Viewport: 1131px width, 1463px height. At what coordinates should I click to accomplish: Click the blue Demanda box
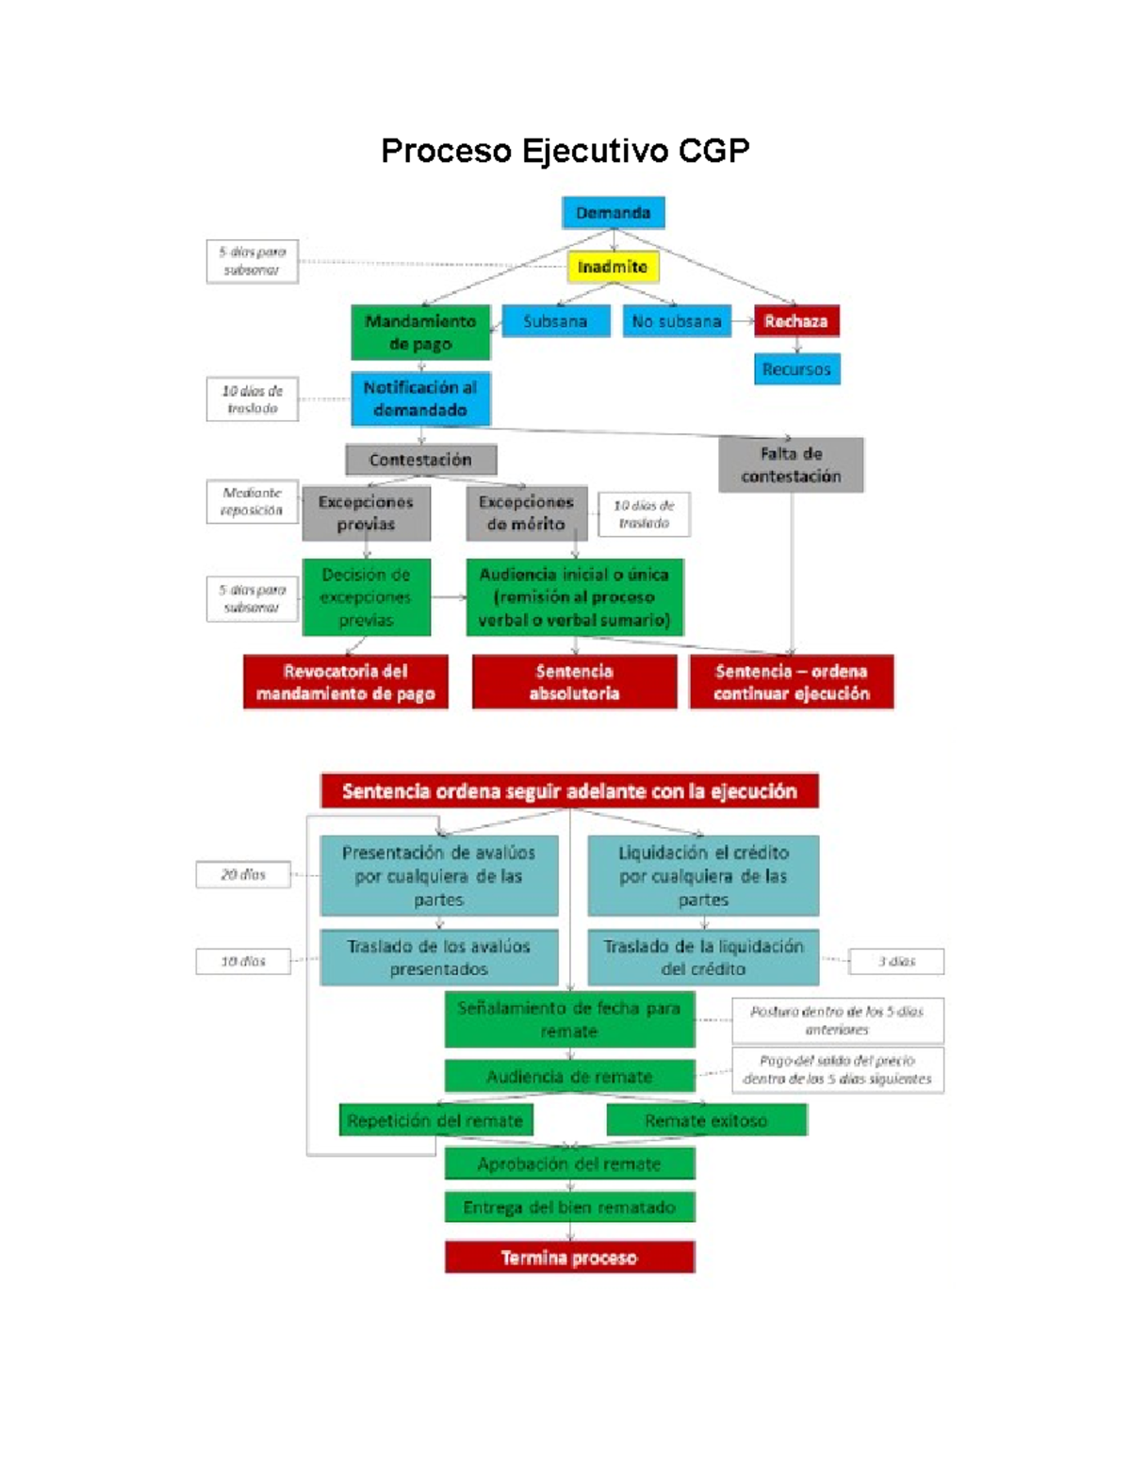613,213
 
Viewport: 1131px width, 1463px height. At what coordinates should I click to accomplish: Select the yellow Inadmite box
613,268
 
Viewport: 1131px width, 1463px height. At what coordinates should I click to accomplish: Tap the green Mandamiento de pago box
420,333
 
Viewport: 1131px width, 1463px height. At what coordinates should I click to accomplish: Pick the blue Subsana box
555,321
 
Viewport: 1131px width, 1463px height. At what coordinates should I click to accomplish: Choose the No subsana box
677,321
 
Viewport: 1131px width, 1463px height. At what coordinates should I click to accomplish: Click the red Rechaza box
796,321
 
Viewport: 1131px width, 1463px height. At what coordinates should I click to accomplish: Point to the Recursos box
796,369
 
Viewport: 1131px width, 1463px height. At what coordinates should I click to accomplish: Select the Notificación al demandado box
420,398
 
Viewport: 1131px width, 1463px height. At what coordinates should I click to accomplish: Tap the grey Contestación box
420,460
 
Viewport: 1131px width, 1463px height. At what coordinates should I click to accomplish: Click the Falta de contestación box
791,464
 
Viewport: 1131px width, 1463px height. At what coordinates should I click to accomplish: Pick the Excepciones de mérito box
526,513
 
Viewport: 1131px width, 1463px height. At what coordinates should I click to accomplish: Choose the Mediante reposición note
252,501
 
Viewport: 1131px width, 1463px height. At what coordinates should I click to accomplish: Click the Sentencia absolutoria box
574,682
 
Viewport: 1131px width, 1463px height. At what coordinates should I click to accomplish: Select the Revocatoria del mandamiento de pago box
345,682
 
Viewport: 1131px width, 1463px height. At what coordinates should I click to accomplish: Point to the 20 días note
243,875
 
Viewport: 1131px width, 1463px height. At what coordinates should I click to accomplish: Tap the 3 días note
896,962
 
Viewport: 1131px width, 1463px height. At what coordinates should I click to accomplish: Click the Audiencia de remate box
569,1077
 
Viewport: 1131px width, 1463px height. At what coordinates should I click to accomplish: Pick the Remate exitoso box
706,1121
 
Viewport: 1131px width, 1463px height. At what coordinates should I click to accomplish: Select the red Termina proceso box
569,1258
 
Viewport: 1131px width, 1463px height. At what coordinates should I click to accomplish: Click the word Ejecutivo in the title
593,151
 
